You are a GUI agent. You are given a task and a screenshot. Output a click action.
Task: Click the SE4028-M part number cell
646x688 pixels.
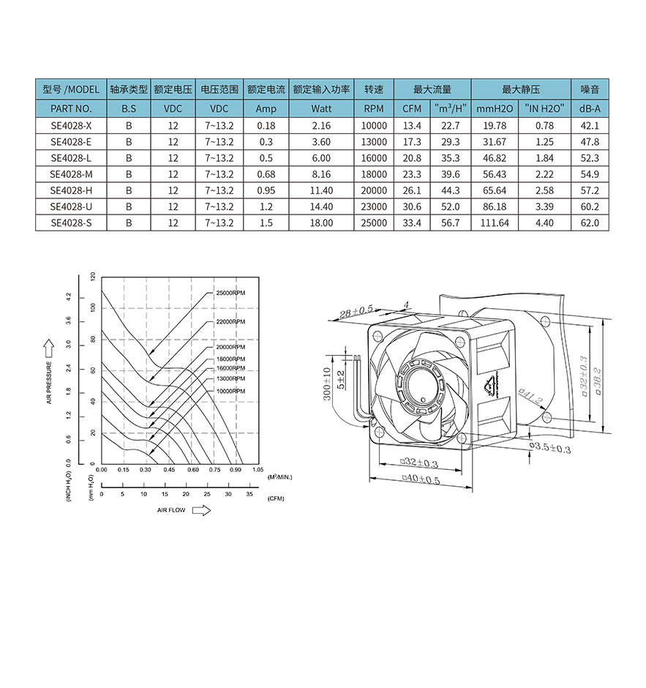pos(71,174)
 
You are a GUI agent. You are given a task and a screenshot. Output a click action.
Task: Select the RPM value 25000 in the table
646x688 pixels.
pos(374,223)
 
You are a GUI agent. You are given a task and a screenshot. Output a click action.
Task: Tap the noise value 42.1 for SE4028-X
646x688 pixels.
pos(590,125)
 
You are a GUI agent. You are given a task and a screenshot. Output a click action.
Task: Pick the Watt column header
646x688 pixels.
pos(321,108)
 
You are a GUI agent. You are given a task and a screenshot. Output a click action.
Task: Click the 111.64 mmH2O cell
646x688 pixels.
pos(495,223)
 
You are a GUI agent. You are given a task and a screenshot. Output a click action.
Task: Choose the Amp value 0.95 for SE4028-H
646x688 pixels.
pos(266,190)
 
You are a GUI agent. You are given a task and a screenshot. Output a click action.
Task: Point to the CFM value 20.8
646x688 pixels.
pos(412,158)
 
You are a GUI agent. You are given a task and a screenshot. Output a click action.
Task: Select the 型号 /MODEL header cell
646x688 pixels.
pos(71,89)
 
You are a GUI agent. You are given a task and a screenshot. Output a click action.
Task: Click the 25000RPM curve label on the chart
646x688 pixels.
pos(230,293)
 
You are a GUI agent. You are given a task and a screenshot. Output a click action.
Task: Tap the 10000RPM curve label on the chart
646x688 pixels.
pos(230,391)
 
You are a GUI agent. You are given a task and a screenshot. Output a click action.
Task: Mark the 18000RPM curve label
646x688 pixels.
pos(230,359)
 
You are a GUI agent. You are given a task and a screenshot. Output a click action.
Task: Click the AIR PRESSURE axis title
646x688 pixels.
pos(49,383)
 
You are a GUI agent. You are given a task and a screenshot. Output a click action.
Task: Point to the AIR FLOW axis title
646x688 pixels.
pos(171,510)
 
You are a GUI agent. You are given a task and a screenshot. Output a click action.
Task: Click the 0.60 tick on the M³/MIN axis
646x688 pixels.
pos(193,469)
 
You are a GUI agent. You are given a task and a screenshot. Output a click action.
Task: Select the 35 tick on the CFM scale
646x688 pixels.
pos(249,494)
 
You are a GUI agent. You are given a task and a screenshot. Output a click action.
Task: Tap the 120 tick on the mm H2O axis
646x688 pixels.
pos(92,277)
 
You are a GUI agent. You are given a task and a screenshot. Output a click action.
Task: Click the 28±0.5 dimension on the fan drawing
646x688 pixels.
pos(356,311)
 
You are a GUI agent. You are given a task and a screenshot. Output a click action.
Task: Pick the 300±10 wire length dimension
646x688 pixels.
pos(327,384)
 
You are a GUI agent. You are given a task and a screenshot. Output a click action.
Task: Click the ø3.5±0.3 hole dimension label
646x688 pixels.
pos(550,447)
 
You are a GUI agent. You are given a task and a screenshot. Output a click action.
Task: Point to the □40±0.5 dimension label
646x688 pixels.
pos(421,479)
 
